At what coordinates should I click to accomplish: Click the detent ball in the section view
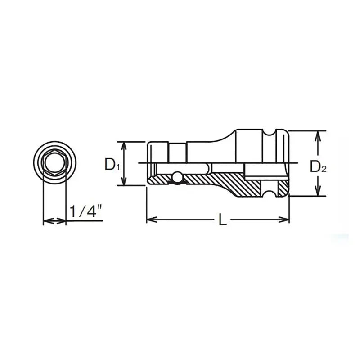click(x=177, y=178)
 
